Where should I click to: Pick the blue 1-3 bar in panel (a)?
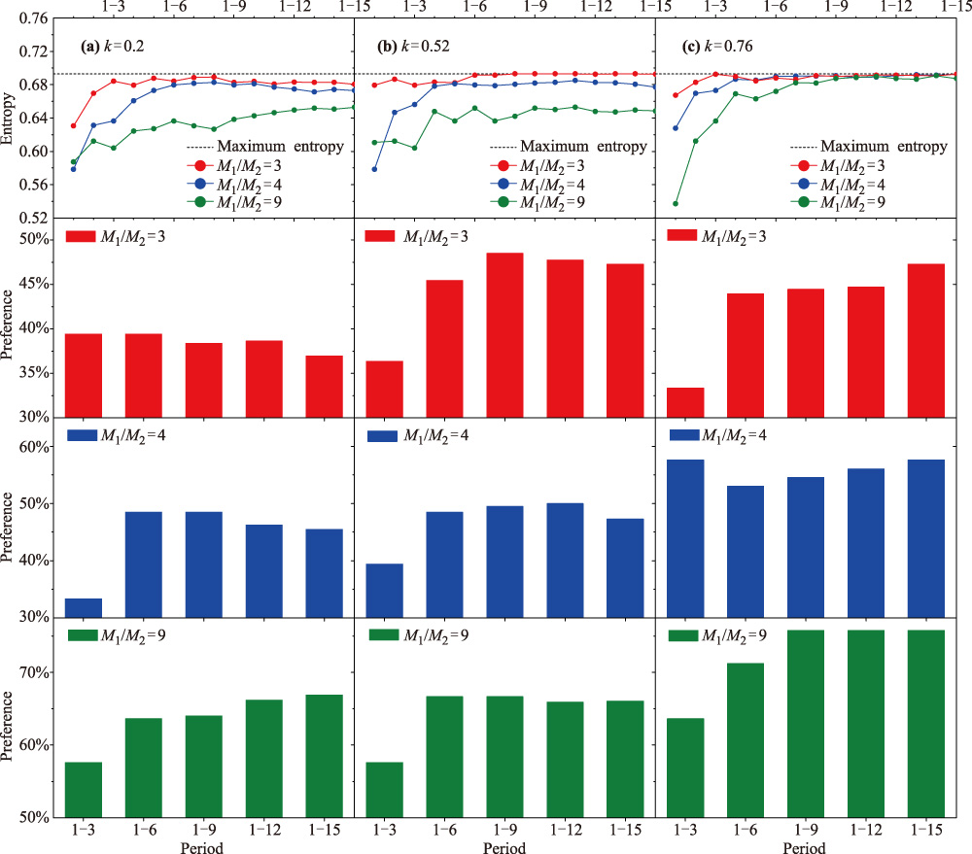point(84,607)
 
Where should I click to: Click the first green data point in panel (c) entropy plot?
point(675,203)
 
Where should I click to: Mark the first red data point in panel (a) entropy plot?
point(74,126)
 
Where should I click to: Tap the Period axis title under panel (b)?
point(505,847)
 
